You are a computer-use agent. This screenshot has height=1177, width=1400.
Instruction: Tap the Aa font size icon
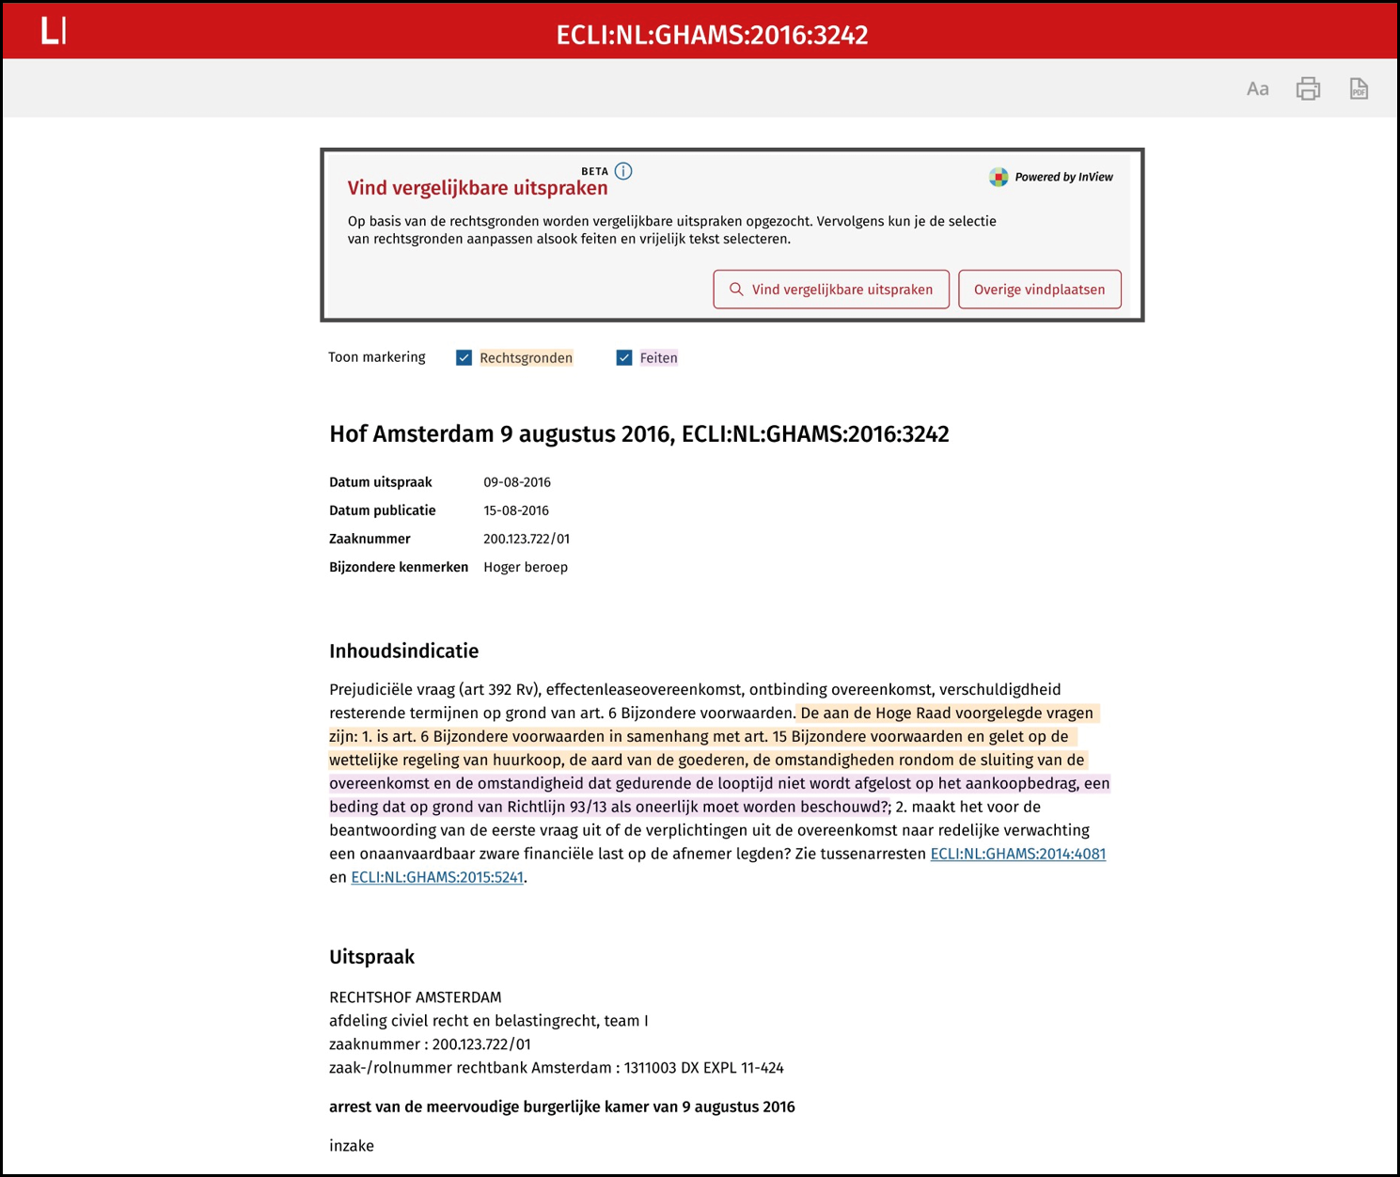(x=1257, y=89)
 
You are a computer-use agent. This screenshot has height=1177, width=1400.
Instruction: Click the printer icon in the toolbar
(x=1308, y=89)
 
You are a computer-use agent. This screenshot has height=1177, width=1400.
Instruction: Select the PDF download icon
(x=1359, y=89)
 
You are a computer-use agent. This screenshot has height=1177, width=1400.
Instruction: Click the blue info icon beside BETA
(x=623, y=171)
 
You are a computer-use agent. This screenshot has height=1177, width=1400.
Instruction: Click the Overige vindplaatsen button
(x=1039, y=290)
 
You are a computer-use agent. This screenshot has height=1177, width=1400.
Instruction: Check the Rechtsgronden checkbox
(x=464, y=358)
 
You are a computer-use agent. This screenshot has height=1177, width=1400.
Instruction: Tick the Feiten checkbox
(x=624, y=358)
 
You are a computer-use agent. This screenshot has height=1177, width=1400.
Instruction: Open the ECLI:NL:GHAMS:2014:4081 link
(x=1017, y=854)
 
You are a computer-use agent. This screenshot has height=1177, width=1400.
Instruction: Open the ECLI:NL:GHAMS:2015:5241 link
(x=437, y=877)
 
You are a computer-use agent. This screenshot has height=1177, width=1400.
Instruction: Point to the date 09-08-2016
(x=517, y=482)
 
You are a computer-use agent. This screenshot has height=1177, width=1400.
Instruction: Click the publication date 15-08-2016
(x=516, y=510)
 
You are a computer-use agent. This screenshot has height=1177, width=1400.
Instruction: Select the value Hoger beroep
(x=526, y=567)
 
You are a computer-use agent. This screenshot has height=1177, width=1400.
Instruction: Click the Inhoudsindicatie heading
(x=403, y=651)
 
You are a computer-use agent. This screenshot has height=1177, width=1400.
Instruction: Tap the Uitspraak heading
(x=371, y=957)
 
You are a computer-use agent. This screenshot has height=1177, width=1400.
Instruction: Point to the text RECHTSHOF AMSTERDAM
(x=415, y=997)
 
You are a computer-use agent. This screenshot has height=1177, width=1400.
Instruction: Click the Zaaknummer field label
(x=370, y=539)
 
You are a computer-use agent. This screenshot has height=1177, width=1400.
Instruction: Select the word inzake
(x=352, y=1146)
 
